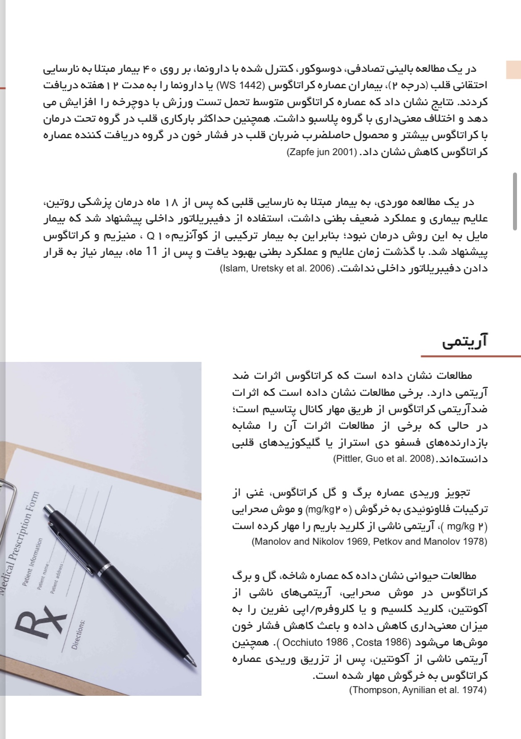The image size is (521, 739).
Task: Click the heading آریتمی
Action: click(465, 342)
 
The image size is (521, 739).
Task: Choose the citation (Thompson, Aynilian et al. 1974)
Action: click(418, 690)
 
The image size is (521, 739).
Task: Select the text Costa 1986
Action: click(382, 642)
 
